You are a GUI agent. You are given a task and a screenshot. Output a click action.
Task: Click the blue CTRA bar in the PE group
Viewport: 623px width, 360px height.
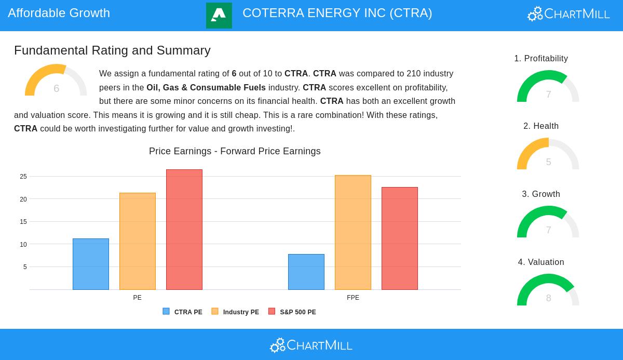[91, 264]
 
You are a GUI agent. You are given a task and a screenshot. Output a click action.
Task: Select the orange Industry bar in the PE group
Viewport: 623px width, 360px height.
[138, 241]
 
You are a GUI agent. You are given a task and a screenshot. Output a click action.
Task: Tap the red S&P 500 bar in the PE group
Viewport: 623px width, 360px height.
[184, 230]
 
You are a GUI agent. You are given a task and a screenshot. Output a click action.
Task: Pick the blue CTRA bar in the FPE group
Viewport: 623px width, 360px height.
[306, 272]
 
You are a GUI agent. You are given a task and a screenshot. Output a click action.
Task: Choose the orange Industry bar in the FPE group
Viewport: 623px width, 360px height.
[353, 232]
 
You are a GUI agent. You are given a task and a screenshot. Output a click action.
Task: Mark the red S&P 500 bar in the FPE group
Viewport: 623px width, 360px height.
[400, 238]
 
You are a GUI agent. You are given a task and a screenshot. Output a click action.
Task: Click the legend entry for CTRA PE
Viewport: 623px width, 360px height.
[183, 312]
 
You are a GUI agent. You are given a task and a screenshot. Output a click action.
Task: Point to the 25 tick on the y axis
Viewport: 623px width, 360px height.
[23, 177]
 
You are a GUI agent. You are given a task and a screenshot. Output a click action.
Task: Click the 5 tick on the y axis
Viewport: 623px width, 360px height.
[25, 267]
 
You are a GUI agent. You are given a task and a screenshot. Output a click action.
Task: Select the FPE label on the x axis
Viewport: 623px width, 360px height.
[353, 298]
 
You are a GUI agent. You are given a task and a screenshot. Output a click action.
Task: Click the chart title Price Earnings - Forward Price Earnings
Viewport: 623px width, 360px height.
[235, 151]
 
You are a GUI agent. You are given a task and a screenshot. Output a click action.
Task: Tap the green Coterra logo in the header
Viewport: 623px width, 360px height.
[219, 16]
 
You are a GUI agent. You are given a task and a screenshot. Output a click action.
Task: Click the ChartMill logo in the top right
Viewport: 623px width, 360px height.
[568, 14]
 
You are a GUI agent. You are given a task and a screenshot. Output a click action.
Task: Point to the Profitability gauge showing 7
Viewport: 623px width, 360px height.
[548, 87]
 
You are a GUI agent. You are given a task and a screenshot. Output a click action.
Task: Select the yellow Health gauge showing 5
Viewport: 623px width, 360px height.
[548, 154]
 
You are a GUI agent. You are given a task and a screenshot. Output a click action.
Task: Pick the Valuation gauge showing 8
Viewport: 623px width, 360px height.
[548, 290]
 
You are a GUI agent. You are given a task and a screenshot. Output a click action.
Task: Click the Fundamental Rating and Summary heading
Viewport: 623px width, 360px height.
[112, 50]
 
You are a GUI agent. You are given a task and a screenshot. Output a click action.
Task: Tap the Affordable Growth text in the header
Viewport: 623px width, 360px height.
[59, 13]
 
